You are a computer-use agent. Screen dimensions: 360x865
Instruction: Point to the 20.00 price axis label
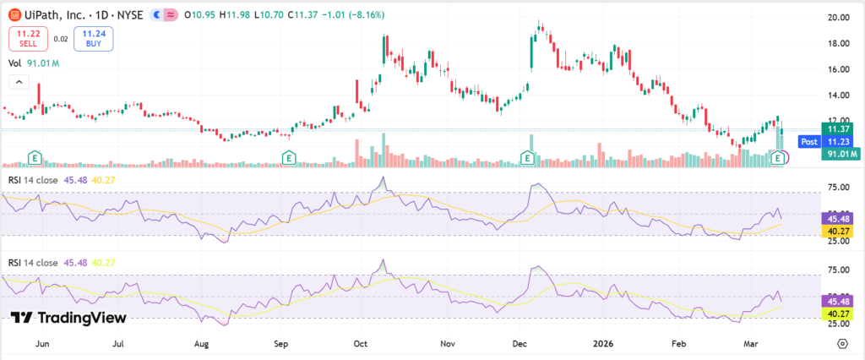tap(838, 18)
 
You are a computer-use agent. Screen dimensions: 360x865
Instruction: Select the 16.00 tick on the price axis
tap(838, 69)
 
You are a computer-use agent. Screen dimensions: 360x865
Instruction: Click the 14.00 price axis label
tap(838, 95)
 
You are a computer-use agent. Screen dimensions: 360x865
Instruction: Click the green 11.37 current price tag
tap(841, 129)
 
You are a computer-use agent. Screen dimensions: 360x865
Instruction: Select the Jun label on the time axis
tap(40, 344)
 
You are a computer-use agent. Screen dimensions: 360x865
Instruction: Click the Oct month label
tap(361, 344)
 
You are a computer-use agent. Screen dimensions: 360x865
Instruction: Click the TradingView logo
tap(69, 318)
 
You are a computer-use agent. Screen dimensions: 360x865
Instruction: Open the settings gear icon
tap(842, 343)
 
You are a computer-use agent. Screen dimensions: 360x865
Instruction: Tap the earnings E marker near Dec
tap(528, 157)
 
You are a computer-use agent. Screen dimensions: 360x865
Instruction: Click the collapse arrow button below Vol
tap(18, 81)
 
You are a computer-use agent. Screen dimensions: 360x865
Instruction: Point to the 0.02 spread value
tap(60, 38)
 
